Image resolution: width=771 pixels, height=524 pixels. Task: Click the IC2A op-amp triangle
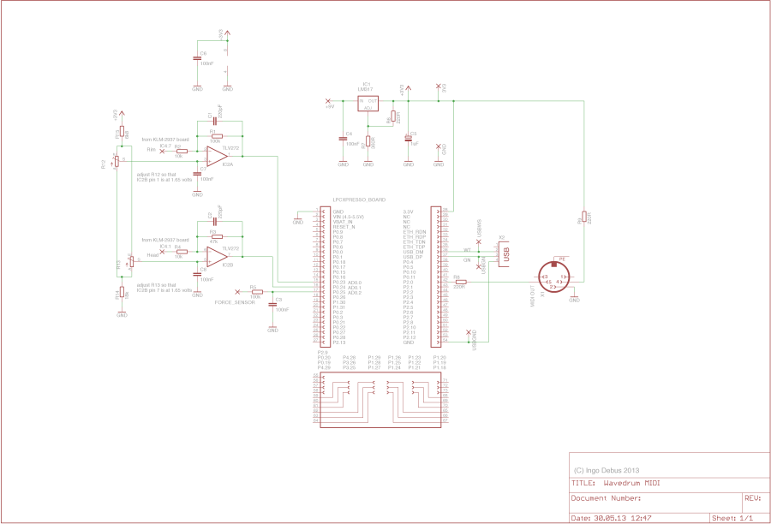[214, 156]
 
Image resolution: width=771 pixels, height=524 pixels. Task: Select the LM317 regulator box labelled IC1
[368, 104]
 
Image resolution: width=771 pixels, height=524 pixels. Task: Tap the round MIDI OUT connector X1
[555, 277]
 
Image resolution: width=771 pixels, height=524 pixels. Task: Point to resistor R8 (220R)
[461, 282]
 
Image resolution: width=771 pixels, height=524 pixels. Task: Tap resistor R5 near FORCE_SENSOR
[254, 293]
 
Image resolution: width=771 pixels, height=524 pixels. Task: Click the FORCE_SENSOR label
[234, 302]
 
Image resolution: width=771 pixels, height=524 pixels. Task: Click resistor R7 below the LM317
[368, 143]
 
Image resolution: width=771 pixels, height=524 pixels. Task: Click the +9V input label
[329, 106]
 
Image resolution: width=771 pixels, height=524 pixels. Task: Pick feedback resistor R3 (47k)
[216, 236]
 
